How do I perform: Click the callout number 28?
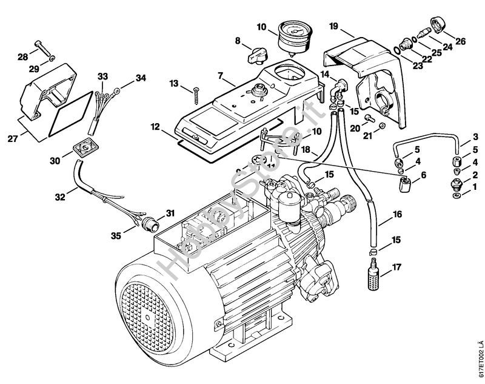click(22, 57)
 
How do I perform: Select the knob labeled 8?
click(253, 57)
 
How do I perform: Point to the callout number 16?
click(396, 214)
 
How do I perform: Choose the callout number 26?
click(460, 42)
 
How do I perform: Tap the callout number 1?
click(475, 187)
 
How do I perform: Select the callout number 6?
click(423, 174)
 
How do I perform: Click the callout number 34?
click(141, 78)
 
